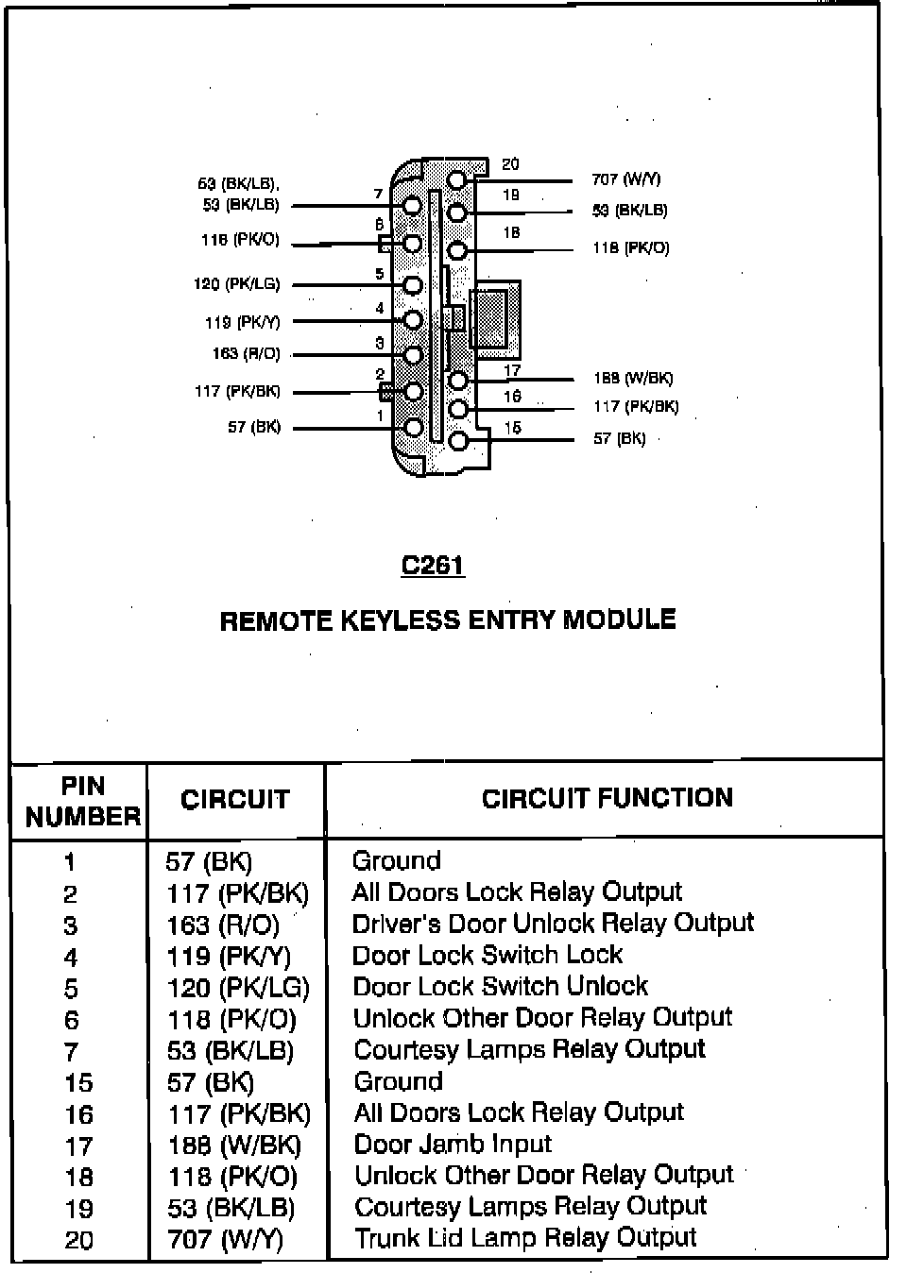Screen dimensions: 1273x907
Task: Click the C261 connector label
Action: click(x=433, y=565)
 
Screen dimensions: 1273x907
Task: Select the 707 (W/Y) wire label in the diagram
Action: click(x=625, y=179)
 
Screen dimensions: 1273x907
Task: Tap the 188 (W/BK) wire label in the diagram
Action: click(x=633, y=379)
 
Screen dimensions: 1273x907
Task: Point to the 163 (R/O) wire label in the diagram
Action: click(x=246, y=354)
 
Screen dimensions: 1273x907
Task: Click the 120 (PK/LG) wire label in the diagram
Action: click(x=236, y=284)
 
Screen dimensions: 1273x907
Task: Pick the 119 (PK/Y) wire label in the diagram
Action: click(x=242, y=322)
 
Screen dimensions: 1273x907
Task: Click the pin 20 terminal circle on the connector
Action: click(x=457, y=179)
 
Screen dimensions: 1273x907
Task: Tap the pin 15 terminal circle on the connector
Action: click(x=458, y=440)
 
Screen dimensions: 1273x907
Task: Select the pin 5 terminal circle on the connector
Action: click(x=413, y=284)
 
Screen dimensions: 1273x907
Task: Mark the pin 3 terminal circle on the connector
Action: click(x=413, y=355)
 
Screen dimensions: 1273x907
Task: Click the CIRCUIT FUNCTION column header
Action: click(x=607, y=799)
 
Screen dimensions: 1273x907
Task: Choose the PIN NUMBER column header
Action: click(x=82, y=802)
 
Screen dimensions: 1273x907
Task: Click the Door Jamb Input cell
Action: click(x=453, y=1145)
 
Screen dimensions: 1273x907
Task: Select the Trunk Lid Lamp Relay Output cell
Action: click(x=525, y=1238)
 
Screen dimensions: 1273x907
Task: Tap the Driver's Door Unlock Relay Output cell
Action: click(x=553, y=924)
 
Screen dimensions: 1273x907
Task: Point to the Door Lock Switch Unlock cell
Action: click(x=500, y=987)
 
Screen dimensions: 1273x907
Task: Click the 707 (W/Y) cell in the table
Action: click(x=225, y=1239)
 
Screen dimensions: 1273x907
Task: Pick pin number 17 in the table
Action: click(x=78, y=1146)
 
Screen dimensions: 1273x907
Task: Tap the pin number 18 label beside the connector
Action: click(x=511, y=232)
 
